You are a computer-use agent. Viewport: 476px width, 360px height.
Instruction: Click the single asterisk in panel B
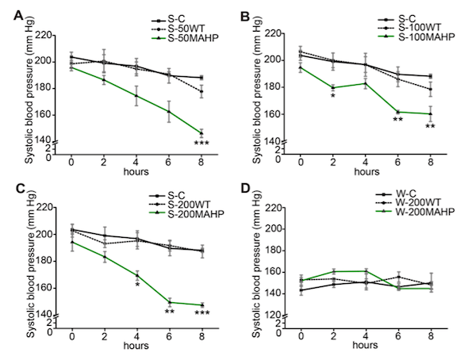332,97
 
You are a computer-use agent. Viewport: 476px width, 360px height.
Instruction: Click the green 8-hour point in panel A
201,132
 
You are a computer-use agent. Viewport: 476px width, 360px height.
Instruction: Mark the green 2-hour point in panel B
332,87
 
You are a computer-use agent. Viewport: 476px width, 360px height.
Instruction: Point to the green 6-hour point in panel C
169,302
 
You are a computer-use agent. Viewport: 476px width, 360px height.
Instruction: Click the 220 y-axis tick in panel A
53,35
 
